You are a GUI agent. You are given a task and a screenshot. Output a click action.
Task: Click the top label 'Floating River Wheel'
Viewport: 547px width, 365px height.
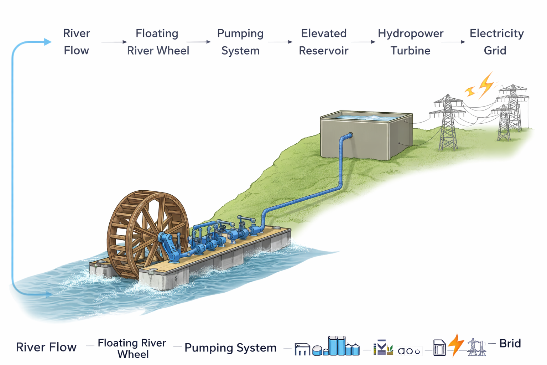point(158,42)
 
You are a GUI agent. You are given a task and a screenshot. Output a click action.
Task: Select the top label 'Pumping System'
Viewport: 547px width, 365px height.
point(240,42)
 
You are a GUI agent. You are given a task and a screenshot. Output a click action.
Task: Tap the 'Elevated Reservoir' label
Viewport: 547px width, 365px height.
point(323,42)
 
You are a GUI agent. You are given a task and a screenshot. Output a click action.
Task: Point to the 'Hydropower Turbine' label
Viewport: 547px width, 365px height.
point(410,42)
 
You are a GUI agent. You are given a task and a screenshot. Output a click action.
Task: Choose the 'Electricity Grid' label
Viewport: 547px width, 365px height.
point(496,42)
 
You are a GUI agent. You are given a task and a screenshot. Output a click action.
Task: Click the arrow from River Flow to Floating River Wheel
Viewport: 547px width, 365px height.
point(114,42)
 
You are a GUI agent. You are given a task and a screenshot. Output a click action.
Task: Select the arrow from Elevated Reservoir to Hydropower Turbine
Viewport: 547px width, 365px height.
point(363,42)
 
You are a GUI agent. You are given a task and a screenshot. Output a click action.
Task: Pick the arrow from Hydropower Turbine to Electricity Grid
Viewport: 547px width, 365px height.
point(453,42)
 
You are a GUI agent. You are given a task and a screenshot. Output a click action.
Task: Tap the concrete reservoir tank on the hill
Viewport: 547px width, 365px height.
point(367,137)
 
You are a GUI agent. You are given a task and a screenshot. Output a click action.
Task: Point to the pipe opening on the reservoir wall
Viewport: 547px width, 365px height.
point(350,135)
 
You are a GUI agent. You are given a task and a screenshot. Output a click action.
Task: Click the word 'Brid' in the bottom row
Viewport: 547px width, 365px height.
point(510,344)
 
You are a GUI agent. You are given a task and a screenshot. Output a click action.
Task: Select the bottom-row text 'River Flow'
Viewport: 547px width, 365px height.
point(46,347)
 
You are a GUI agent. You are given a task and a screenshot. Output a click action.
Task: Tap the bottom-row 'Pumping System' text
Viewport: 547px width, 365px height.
point(230,348)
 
